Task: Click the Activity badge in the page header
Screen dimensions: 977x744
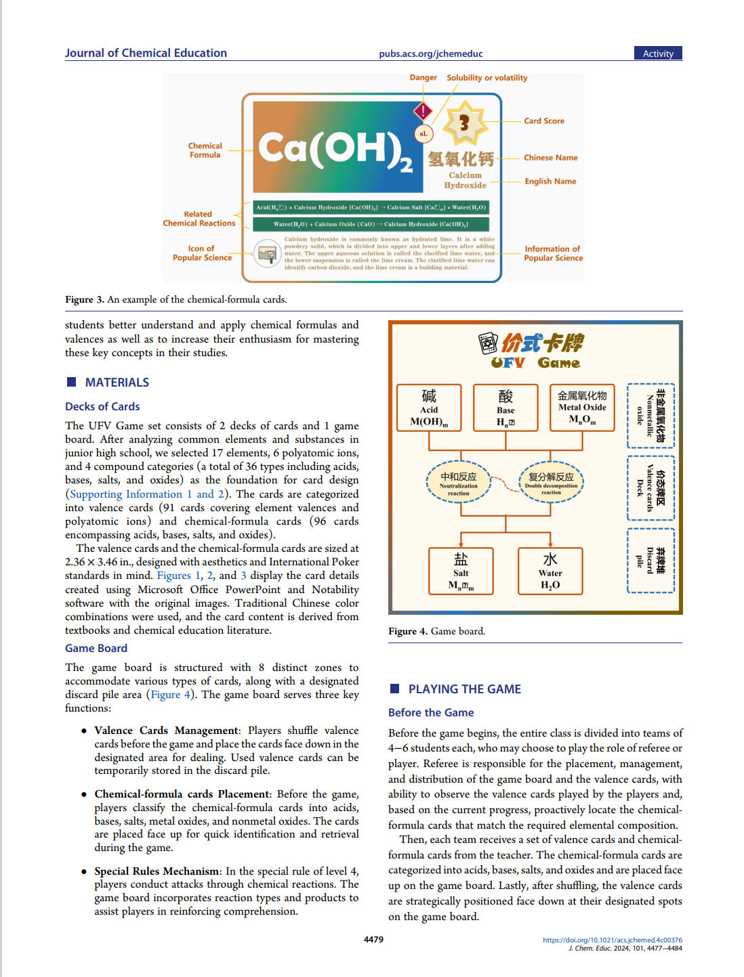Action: pyautogui.click(x=658, y=53)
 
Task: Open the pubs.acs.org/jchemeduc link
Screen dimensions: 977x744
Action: pyautogui.click(x=430, y=54)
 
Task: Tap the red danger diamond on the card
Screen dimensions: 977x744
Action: pyautogui.click(x=423, y=110)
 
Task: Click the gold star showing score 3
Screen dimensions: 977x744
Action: pyautogui.click(x=464, y=123)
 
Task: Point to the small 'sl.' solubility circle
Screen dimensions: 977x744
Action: pyautogui.click(x=423, y=134)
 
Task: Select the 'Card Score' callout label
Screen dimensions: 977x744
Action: pyautogui.click(x=543, y=121)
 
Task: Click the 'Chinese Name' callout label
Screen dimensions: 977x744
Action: pyautogui.click(x=550, y=158)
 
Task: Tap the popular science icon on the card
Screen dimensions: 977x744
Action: pyautogui.click(x=267, y=254)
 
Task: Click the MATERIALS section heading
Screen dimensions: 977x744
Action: pyautogui.click(x=117, y=383)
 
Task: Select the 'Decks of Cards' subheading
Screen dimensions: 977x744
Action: pyautogui.click(x=102, y=406)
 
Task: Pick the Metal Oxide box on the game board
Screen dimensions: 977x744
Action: pyautogui.click(x=582, y=408)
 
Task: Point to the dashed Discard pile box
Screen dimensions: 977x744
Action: pyautogui.click(x=650, y=561)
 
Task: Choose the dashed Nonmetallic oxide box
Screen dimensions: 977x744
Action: pyautogui.click(x=650, y=416)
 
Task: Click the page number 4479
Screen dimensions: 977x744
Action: pyautogui.click(x=373, y=940)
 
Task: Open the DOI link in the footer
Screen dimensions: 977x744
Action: pyautogui.click(x=612, y=940)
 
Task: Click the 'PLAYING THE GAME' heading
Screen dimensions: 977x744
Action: pyautogui.click(x=464, y=689)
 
